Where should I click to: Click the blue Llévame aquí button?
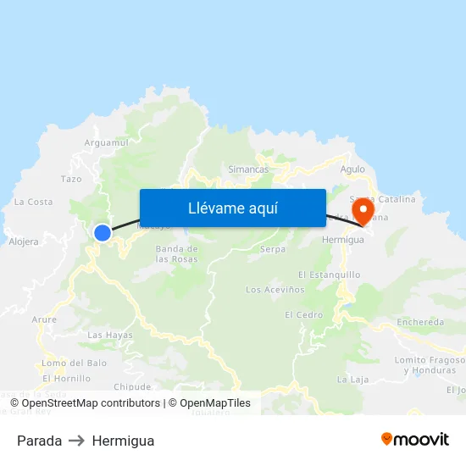point(233,208)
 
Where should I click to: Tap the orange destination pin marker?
point(363,210)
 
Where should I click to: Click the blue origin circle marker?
point(103,232)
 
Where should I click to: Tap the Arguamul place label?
point(106,143)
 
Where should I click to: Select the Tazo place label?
point(71,179)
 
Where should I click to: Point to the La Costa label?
point(33,202)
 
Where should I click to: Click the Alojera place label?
point(24,241)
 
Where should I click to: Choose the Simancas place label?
point(248,169)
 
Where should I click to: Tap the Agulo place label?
point(352,169)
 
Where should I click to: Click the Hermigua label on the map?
point(343,240)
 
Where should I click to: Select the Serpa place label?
point(273,249)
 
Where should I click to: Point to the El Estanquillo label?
point(330,275)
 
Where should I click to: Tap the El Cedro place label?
point(303,314)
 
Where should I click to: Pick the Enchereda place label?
point(420,322)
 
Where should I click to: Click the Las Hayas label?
point(110,335)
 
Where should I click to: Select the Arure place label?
point(44,319)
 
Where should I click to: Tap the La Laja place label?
point(352,379)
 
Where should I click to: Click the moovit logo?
point(415,439)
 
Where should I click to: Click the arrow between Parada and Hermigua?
point(77,441)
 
